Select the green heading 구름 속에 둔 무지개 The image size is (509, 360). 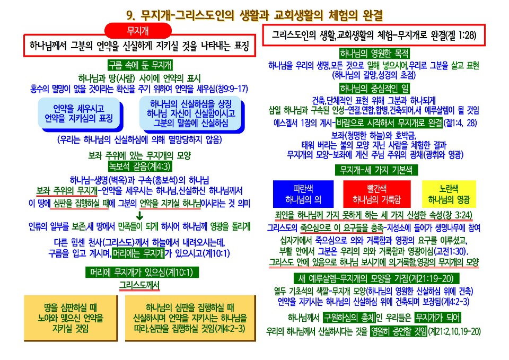coord(139,65)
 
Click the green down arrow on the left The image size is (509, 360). coord(140,216)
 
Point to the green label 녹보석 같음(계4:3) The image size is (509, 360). coord(139,166)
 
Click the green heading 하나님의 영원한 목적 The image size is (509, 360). coord(374,55)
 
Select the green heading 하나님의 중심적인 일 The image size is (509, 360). coord(374,88)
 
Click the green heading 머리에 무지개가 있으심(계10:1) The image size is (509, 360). coord(139,273)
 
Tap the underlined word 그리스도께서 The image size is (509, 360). coord(139,285)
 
